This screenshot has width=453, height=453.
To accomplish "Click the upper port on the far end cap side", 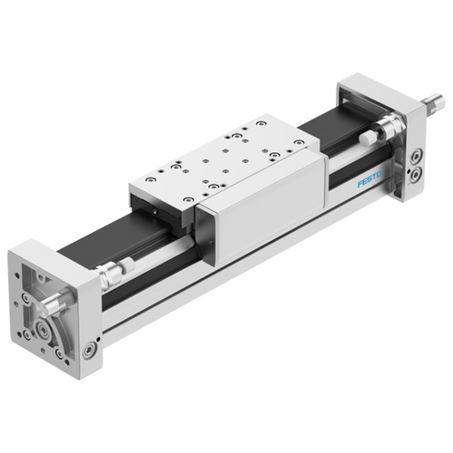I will click(417, 156).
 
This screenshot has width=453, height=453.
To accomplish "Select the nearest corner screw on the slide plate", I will click(188, 199).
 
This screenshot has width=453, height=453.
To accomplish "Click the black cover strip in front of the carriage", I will click(118, 245).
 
